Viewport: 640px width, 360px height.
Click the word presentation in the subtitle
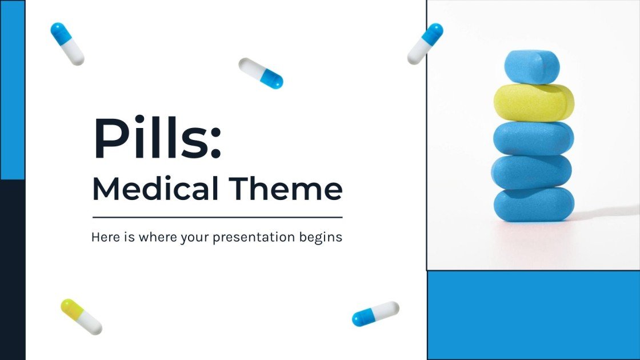pos(254,237)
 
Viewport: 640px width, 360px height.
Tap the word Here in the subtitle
pos(103,237)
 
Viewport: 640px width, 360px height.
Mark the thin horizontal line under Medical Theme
pos(217,217)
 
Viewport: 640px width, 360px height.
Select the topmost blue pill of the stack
pos(531,67)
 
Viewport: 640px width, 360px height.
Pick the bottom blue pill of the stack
pos(534,204)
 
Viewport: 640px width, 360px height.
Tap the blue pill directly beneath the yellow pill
pos(534,138)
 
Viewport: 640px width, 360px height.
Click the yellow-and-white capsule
pos(81,317)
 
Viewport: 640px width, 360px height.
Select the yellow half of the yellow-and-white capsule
pos(71,308)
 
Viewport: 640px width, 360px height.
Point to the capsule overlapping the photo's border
pos(425,43)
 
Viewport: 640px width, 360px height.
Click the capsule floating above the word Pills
pos(261,73)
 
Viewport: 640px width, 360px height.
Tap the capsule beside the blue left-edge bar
pos(67,43)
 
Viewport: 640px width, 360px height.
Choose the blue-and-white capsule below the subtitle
pos(375,314)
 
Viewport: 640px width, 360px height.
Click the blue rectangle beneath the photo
pos(533,315)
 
